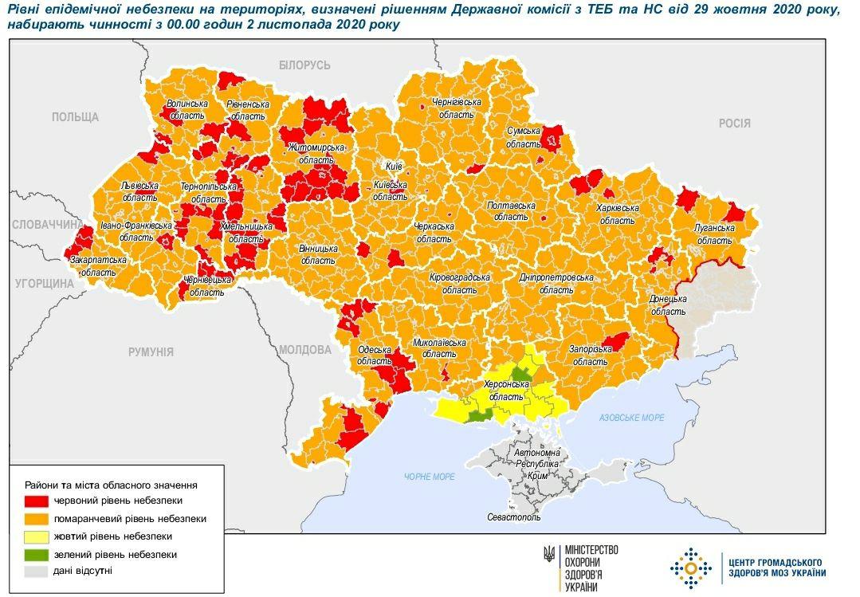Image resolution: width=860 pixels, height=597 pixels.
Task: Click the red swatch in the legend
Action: (37, 501)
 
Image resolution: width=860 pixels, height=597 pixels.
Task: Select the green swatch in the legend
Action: (37, 554)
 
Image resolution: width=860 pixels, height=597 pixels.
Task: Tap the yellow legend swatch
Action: (37, 536)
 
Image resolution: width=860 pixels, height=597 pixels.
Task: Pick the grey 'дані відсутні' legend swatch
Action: (37, 571)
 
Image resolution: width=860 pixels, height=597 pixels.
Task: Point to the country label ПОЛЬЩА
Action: (75, 117)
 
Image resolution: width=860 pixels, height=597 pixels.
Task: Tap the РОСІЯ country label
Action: (734, 123)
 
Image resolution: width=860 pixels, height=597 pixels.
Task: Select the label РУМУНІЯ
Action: (151, 352)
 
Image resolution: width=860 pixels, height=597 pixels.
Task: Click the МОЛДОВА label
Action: (305, 350)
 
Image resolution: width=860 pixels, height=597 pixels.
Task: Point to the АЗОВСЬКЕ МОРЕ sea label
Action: (632, 418)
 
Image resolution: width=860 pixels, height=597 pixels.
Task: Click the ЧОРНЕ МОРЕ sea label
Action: (429, 477)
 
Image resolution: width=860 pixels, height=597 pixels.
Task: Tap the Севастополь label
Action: (513, 517)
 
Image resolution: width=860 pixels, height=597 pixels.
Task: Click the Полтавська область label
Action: (510, 210)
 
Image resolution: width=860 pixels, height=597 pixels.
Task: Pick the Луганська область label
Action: (713, 232)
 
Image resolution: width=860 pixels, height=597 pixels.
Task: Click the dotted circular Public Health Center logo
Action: (690, 568)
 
